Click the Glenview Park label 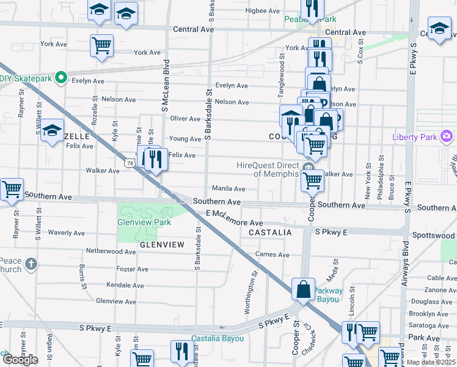tap(144, 223)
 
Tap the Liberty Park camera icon tap(447, 135)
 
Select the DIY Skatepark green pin tap(60, 78)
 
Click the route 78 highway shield tap(128, 163)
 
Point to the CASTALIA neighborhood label tap(270, 233)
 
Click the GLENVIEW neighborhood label tap(162, 245)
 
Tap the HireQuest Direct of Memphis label tap(269, 169)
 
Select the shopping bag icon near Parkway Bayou tap(303, 289)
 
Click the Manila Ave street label tap(228, 189)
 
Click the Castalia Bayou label tap(218, 338)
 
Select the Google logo tap(20, 360)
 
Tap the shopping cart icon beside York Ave tap(101, 45)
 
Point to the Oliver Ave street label tap(185, 119)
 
